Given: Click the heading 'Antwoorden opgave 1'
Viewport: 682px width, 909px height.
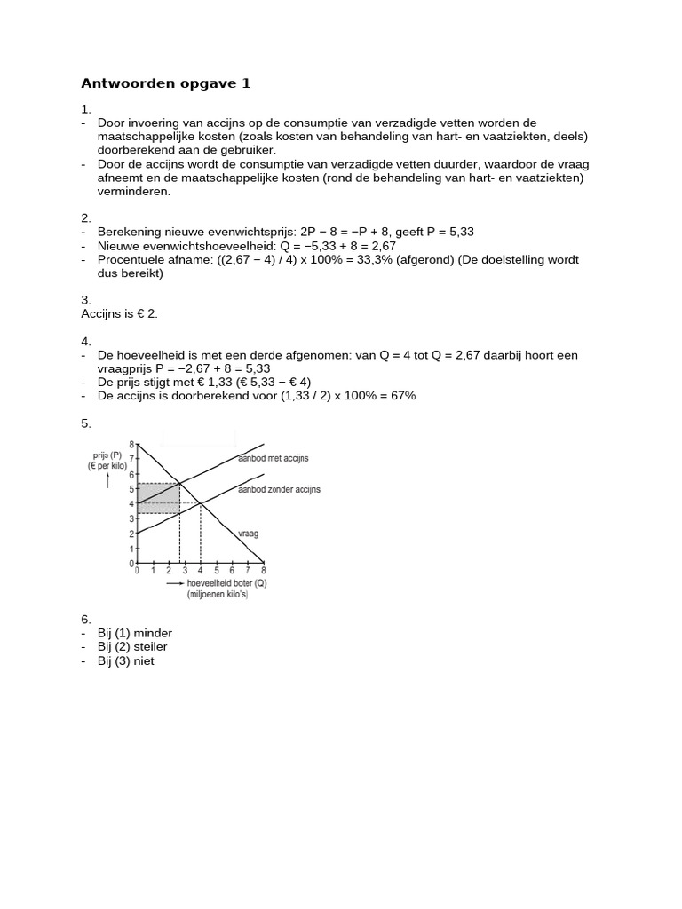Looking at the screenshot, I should (x=166, y=83).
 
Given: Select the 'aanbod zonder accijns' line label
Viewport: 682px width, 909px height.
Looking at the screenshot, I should (x=279, y=489).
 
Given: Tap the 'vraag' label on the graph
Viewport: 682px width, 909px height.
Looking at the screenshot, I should (x=248, y=534).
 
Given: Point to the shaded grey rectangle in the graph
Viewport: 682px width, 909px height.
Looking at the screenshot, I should (x=160, y=497).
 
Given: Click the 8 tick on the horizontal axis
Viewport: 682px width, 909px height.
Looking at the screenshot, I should (x=263, y=571).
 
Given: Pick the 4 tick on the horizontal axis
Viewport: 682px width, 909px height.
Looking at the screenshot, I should (x=201, y=571).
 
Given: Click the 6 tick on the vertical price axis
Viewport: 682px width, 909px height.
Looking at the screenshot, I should (x=131, y=474).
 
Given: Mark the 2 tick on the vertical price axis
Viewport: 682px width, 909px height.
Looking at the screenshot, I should (x=131, y=534).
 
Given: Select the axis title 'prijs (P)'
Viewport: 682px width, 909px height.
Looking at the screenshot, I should (x=105, y=454).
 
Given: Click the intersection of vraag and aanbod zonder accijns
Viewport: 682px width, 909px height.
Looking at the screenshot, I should (x=201, y=504).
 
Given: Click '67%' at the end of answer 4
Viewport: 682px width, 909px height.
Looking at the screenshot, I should (x=401, y=395).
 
